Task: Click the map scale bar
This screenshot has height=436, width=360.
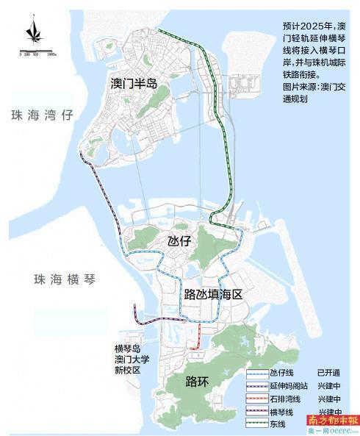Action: [34, 52]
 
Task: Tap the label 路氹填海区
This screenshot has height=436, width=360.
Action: [213, 294]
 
